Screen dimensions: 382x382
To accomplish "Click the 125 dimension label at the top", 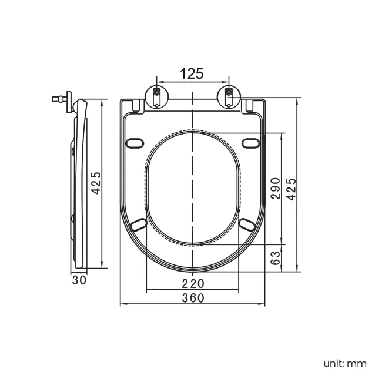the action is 192,73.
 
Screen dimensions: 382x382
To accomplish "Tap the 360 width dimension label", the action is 193,298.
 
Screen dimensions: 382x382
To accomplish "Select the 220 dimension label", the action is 193,283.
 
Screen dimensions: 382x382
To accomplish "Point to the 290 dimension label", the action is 276,189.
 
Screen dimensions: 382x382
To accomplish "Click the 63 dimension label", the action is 276,258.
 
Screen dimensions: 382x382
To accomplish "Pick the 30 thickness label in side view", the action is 79,280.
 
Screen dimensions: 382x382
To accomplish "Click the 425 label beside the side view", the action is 96,183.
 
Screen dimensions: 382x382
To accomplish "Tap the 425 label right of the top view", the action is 291,189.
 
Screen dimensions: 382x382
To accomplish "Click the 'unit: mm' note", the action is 345,364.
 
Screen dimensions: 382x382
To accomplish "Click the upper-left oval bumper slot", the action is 135,143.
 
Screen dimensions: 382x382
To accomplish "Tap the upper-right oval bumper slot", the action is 251,143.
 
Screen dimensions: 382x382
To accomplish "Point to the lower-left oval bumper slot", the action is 139,224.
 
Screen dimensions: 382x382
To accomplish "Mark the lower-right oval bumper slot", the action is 247,224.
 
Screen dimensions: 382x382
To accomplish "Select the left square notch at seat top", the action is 137,106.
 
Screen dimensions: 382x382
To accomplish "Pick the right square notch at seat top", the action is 249,106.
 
